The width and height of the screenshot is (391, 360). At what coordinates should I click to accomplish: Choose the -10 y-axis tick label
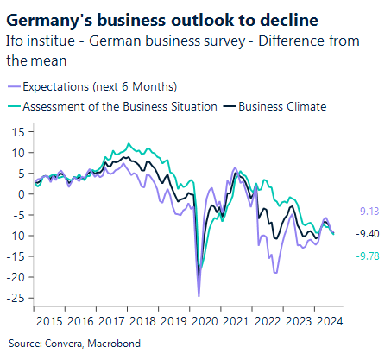(x=18, y=236)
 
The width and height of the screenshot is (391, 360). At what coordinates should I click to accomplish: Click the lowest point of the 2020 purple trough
(x=199, y=296)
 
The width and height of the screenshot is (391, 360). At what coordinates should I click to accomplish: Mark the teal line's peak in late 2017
(x=129, y=143)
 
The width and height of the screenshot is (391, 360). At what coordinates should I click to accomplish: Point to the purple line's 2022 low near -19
(x=275, y=273)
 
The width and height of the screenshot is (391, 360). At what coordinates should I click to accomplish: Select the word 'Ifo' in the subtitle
(x=16, y=40)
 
